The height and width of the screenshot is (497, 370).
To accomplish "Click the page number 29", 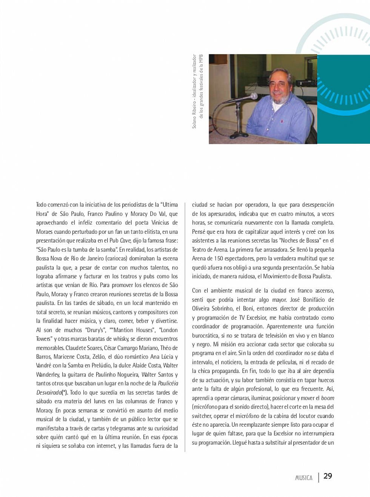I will click(328, 476).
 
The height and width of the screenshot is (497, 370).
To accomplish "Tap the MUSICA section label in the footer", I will click(304, 478).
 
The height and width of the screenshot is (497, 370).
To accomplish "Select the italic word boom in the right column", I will click(328, 398).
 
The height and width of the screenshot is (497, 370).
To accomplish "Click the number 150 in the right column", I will click(219, 258).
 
